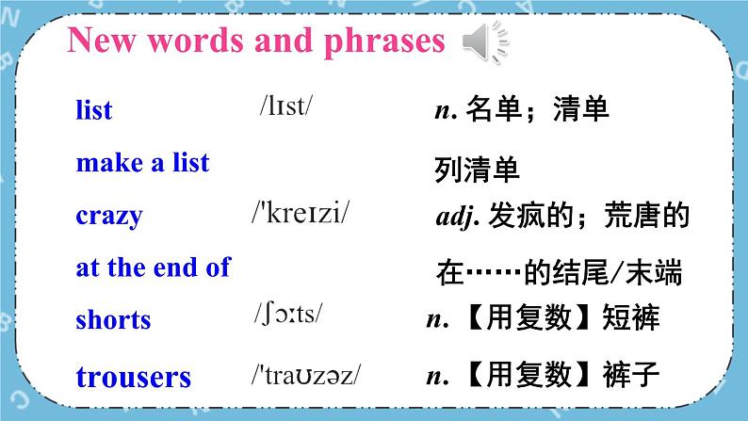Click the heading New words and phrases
coord(255,41)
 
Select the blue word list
coord(93,110)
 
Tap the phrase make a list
coord(142,163)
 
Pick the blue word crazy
coord(108,216)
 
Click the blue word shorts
coord(113,319)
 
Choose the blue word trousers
coord(133,378)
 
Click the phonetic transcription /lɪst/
coord(285,105)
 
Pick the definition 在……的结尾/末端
coord(560,272)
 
